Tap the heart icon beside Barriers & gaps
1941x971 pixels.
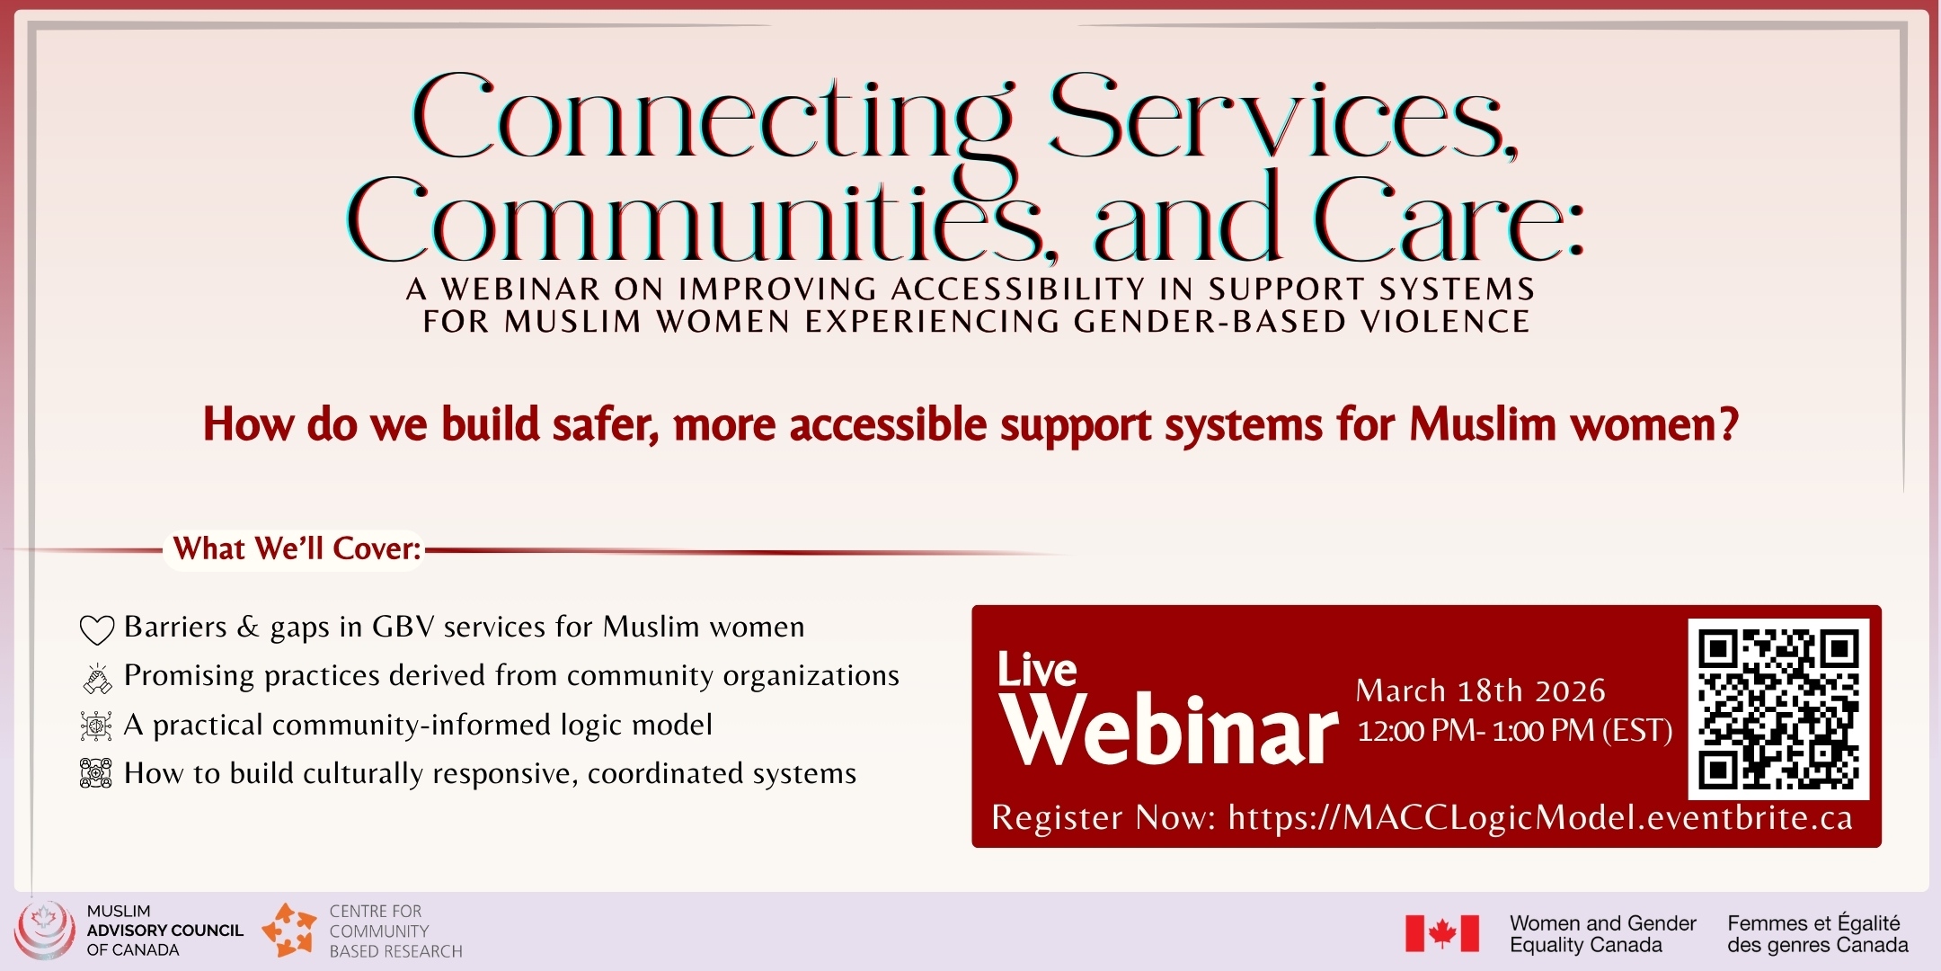coord(97,629)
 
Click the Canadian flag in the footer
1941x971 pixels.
coord(1442,933)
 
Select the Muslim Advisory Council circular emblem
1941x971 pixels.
coord(44,931)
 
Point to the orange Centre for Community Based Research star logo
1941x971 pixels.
coord(289,931)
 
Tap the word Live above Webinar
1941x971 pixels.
coord(1037,670)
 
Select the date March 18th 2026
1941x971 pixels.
coord(1480,690)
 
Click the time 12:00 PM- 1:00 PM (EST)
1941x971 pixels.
coord(1514,731)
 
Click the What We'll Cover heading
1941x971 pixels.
coord(297,548)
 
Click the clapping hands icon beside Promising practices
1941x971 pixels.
coord(97,679)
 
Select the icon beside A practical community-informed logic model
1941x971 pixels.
coord(96,726)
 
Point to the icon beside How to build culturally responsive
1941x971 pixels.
coord(96,774)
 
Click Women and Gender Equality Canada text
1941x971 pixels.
coord(1602,934)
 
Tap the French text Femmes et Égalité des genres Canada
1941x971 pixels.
coord(1817,934)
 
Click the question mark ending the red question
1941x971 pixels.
coord(1728,424)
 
